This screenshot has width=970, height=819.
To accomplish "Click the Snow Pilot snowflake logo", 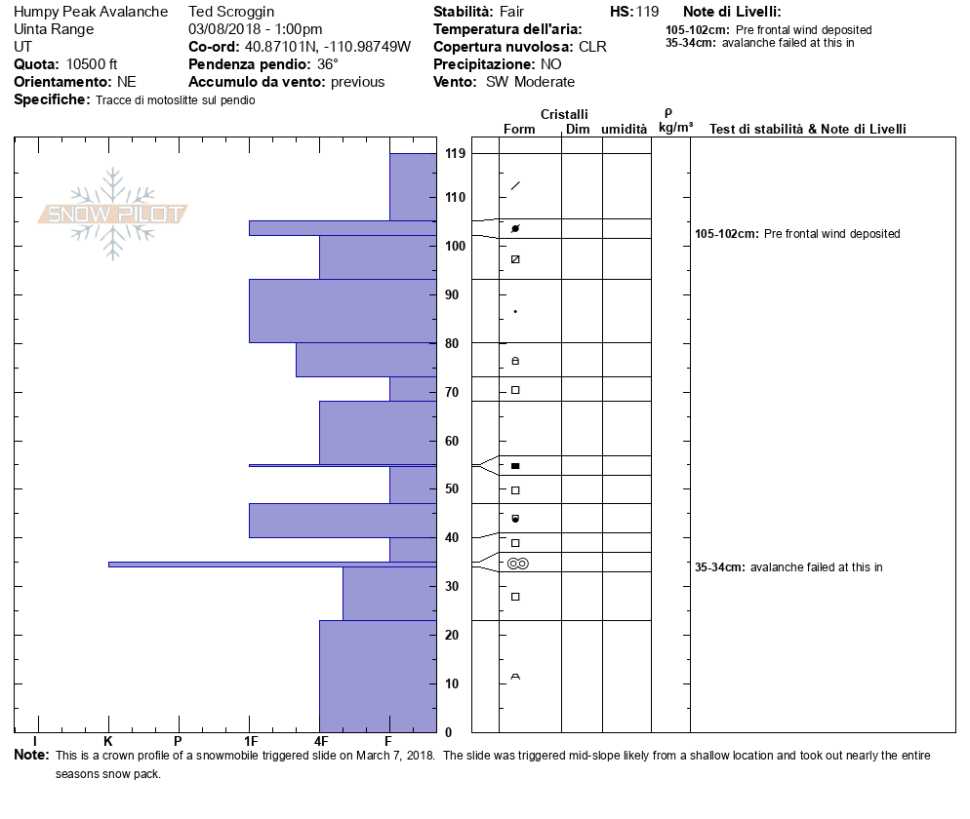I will point(113,214).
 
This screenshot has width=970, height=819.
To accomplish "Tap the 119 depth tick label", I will point(455,154).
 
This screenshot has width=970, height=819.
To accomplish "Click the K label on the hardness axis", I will point(108,741).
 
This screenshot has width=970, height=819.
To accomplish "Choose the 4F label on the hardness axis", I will point(321,741).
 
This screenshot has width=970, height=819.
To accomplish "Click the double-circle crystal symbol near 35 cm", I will point(517,564).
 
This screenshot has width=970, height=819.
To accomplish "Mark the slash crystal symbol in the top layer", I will point(515,185).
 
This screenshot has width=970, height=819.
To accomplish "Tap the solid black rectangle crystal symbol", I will point(515,466).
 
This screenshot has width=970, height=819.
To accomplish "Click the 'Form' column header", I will point(519,129).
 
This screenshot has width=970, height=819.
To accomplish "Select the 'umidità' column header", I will point(624,129).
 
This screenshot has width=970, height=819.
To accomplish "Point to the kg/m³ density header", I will point(675,128).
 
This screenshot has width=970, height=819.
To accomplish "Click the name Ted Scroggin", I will point(232,12).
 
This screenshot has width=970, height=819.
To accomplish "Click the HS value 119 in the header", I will point(647,12).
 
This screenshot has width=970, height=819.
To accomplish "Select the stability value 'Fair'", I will point(512,12).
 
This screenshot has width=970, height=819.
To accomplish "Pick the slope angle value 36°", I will point(327,64).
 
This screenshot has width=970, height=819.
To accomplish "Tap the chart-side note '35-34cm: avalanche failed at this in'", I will point(788,566).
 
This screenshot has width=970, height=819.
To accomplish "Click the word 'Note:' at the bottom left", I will point(31,756).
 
